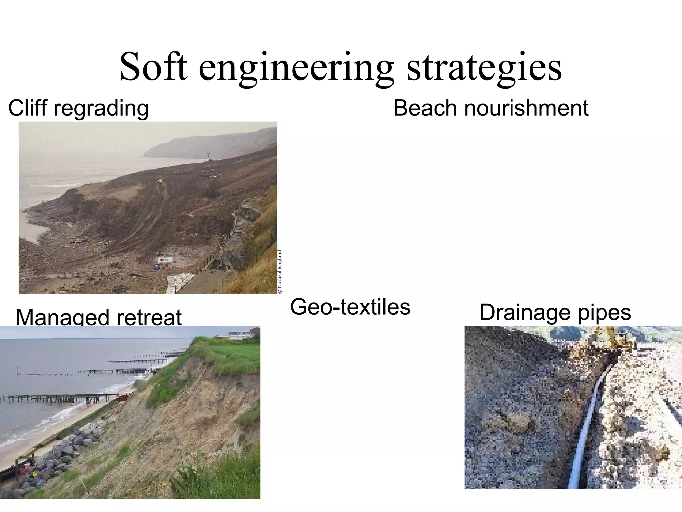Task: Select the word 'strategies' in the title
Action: [484, 68]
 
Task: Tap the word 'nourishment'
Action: [526, 108]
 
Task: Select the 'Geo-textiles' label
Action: [350, 307]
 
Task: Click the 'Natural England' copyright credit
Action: [280, 272]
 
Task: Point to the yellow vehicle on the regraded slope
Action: [161, 181]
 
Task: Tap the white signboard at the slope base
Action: [165, 260]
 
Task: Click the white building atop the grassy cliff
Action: [238, 333]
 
